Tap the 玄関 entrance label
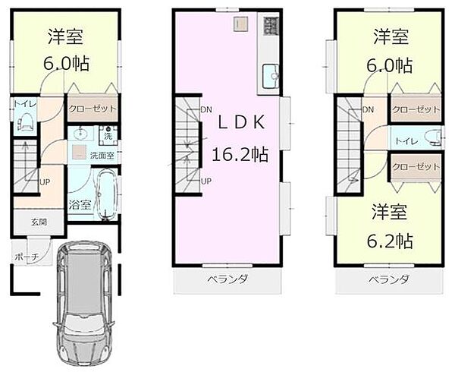tap(39, 222)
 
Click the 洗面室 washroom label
tap(102, 155)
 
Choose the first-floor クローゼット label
tap(93, 109)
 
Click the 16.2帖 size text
tap(240, 154)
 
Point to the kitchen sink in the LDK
tap(271, 75)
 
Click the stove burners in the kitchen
tap(270, 26)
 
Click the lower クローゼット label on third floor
tap(416, 166)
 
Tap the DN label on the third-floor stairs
tap(368, 111)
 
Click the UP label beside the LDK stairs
tap(206, 181)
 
